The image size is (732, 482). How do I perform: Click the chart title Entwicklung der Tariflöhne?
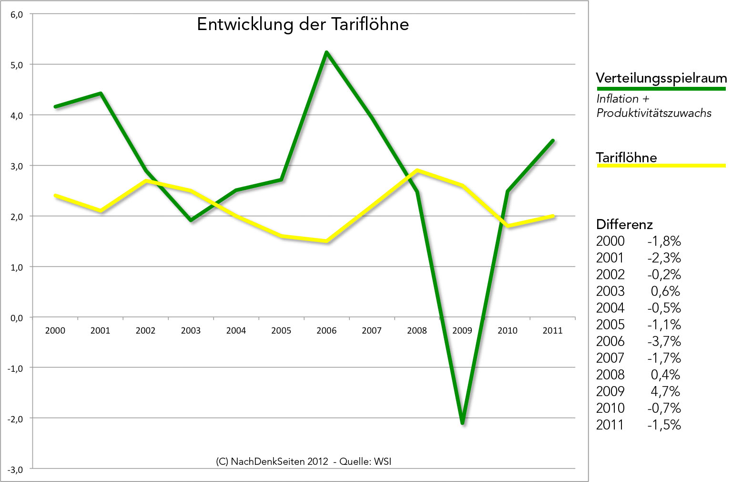(303, 24)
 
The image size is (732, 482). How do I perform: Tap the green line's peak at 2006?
(326, 52)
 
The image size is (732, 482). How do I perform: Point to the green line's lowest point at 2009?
(462, 422)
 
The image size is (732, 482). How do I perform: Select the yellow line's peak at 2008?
(417, 170)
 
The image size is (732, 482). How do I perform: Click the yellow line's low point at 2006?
(326, 241)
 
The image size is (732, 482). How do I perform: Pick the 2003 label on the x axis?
(191, 330)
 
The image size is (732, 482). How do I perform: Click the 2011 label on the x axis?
(552, 330)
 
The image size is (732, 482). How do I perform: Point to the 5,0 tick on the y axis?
(17, 65)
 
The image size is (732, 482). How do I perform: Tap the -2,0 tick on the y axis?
(16, 419)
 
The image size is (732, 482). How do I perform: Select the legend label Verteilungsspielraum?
(661, 78)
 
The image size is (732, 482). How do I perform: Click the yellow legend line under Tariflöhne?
(661, 166)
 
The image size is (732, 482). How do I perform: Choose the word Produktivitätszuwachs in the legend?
(654, 113)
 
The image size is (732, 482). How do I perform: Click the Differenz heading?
(624, 224)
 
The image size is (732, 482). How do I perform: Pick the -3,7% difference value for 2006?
(664, 341)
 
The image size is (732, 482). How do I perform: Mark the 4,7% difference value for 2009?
(665, 391)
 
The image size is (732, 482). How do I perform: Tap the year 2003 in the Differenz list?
(610, 291)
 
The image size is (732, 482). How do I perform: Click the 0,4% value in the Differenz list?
(665, 375)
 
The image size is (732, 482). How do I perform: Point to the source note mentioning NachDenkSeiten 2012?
(304, 461)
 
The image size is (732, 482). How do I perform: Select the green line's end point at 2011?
(553, 141)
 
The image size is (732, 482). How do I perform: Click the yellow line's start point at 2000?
(55, 195)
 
